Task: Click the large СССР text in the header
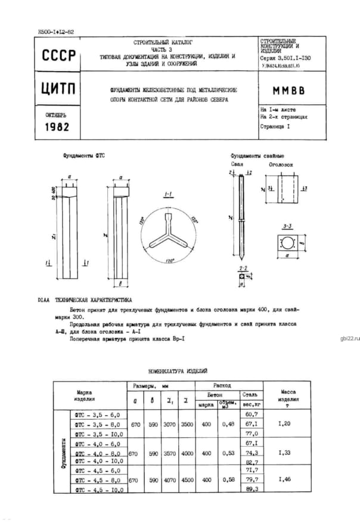pos(59,57)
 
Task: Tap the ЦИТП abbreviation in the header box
pos(59,89)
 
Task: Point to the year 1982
pos(57,127)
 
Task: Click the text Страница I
pos(275,127)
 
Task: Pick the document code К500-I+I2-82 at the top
pos(55,31)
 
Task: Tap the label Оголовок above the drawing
pos(279,162)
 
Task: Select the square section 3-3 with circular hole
pos(288,243)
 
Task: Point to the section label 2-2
pos(243,269)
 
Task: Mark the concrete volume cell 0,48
pos(227,423)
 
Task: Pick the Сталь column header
pos(249,395)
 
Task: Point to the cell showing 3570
pos(170,453)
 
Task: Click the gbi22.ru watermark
pos(349,338)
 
